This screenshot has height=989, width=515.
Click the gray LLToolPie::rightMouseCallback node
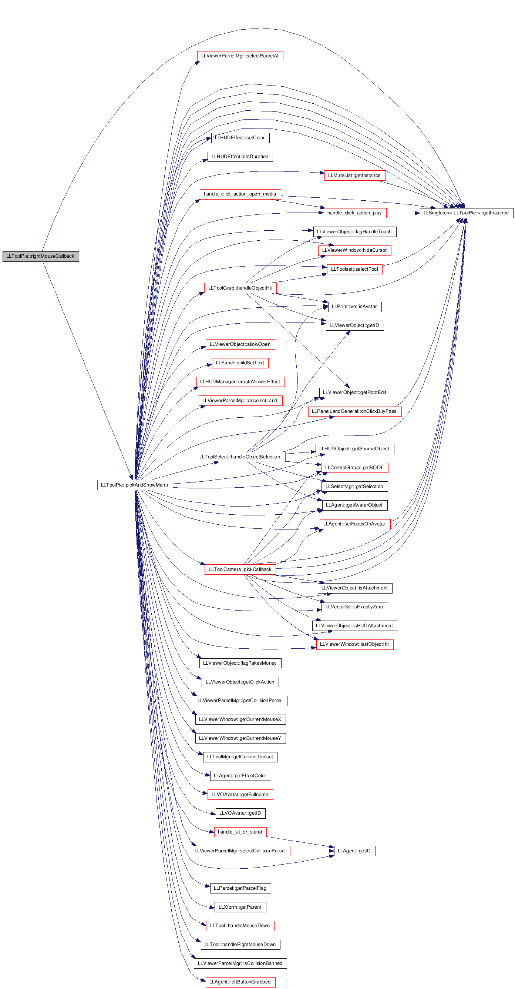point(41,257)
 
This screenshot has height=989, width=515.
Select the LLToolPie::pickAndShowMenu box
point(135,485)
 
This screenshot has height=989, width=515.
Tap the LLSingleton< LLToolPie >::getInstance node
point(466,213)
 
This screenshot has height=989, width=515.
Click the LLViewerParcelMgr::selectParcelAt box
point(240,56)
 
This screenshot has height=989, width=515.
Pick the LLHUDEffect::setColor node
point(240,138)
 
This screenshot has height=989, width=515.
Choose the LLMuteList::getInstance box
point(354,176)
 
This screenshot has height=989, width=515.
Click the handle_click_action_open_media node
point(240,194)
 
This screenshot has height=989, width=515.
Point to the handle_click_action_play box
point(354,213)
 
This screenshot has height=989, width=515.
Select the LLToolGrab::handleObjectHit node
point(240,288)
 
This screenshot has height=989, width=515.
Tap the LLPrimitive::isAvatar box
point(354,307)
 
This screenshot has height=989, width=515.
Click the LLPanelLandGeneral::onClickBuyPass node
point(354,411)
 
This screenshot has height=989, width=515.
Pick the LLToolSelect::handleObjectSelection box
point(240,457)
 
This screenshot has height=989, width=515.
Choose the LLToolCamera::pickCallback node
point(240,569)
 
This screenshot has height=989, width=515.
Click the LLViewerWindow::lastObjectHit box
point(354,644)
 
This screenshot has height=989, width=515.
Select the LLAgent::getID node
point(354,851)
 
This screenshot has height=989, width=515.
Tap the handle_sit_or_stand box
point(240,832)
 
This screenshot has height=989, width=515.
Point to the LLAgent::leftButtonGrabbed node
point(240,982)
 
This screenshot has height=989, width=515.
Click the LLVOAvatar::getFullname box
point(240,794)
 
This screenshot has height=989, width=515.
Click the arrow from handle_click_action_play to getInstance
point(403,213)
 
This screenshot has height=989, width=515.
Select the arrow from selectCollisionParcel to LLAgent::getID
point(312,851)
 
